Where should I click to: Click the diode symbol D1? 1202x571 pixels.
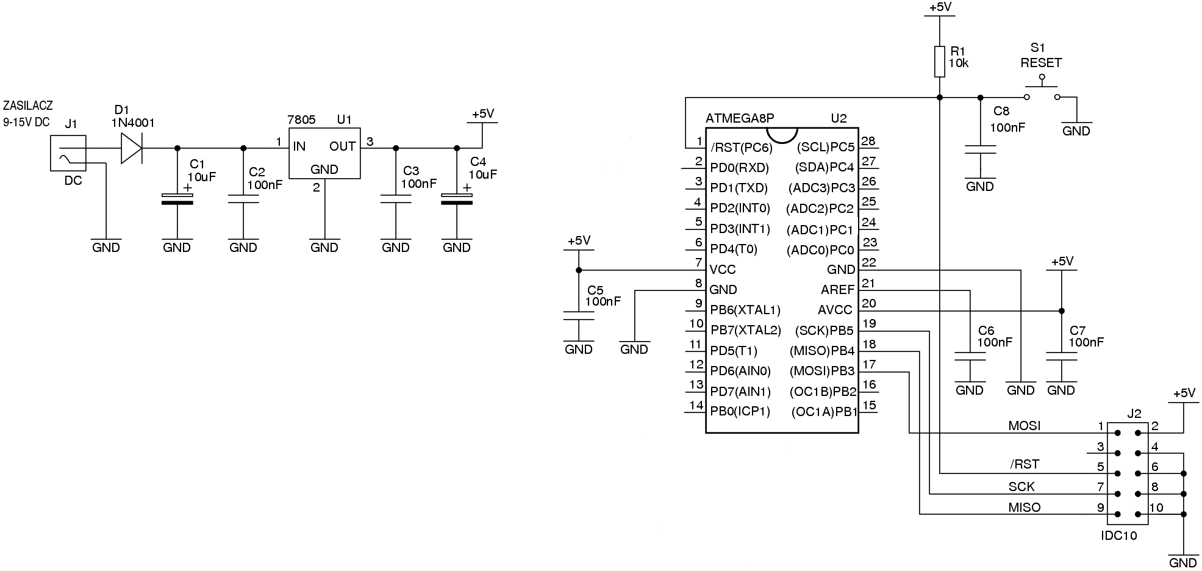point(132,148)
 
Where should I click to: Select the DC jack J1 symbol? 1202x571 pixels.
point(68,154)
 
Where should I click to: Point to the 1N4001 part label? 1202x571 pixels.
point(132,123)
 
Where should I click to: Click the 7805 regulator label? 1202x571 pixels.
point(302,120)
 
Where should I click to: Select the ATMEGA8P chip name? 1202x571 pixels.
point(739,118)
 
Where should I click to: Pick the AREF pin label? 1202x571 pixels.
point(837,290)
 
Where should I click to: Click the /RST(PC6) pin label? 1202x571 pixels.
point(741,148)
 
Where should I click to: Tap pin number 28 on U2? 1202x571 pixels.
point(868,142)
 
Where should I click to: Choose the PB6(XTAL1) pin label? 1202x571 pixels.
point(745,310)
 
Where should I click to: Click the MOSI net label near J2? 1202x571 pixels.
point(1024,426)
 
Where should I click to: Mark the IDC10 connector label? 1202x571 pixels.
point(1118,536)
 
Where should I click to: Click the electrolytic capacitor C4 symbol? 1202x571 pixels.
point(457,199)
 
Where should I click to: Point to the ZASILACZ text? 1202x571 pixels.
point(28,106)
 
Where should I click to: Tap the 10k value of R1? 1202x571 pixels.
point(958,63)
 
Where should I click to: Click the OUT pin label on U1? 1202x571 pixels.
point(342,146)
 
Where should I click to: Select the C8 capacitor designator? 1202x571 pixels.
point(1001,111)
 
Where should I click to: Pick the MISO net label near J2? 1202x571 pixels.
point(1024,507)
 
